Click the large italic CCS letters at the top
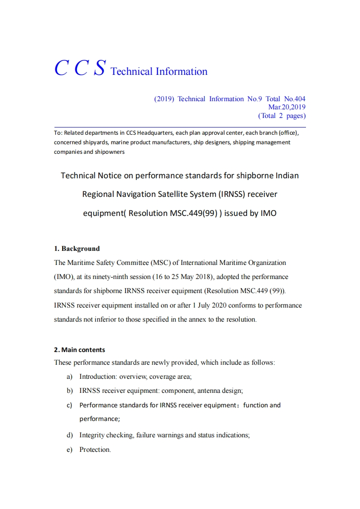point(80,68)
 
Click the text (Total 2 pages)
point(281,116)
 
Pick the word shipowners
point(109,152)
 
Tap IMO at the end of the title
point(268,213)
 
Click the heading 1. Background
point(77,249)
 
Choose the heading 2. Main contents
point(79,350)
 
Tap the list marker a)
point(69,377)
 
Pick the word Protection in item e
point(94,450)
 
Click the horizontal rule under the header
point(180,127)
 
